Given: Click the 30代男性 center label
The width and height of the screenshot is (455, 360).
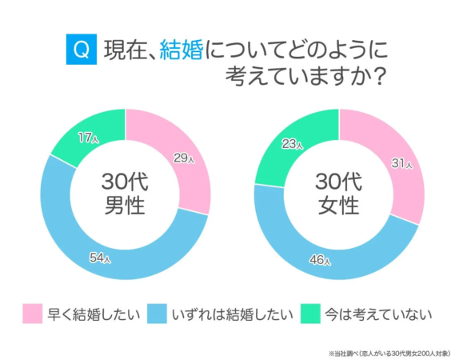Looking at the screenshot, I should click(x=125, y=194).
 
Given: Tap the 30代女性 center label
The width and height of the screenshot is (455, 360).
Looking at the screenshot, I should click(x=339, y=194).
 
